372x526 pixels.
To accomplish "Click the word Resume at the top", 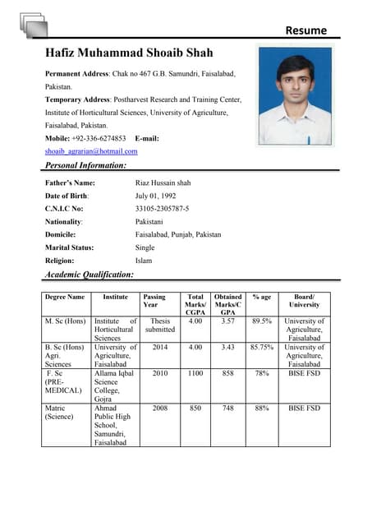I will point(305,30).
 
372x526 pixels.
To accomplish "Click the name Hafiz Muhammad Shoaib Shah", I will point(129,53).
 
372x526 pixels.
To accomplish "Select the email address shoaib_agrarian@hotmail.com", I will point(91,151).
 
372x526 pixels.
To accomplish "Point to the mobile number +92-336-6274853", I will point(98,138).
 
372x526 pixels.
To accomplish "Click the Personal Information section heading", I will point(90,165).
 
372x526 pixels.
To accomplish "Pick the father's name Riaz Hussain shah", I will point(163,182).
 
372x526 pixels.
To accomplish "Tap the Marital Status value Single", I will point(145,247).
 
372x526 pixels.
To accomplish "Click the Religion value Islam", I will point(144,261).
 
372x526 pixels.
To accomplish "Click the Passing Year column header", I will point(154,301).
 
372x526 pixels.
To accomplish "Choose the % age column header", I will point(262,297).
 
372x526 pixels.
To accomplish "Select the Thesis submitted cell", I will point(160,325).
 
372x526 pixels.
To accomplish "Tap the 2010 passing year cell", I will point(160,372).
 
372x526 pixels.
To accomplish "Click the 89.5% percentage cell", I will point(262,321).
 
